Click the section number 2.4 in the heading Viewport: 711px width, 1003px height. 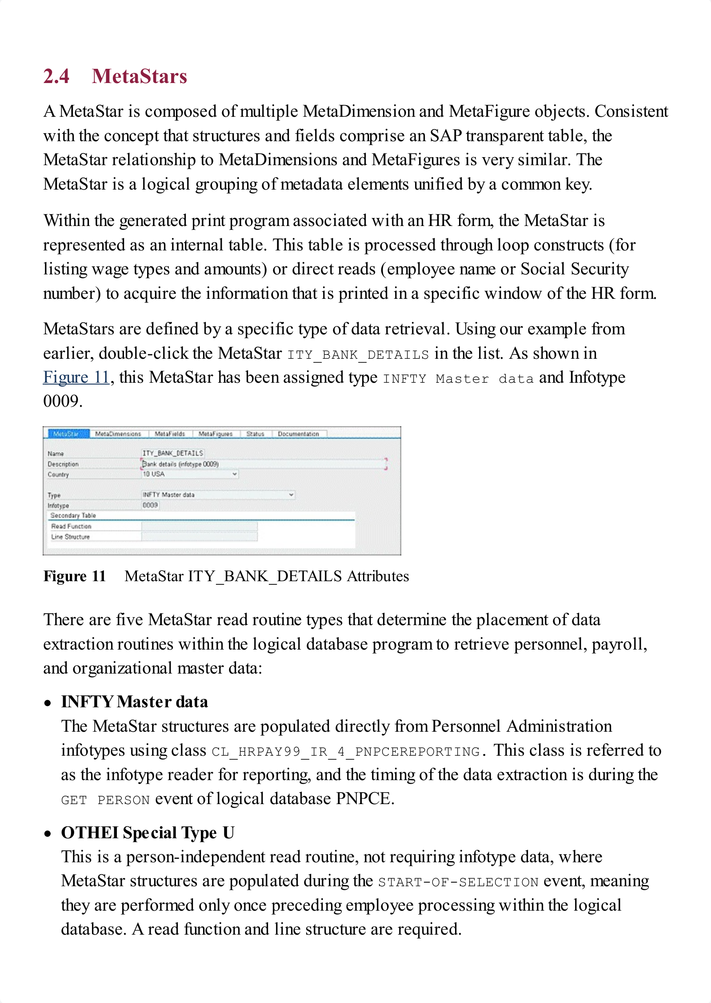[x=56, y=76]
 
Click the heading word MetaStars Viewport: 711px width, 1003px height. [x=140, y=76]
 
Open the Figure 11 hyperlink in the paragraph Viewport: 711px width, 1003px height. [x=76, y=377]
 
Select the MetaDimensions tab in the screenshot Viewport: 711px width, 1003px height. [x=118, y=434]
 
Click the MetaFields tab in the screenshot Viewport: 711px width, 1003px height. [x=170, y=434]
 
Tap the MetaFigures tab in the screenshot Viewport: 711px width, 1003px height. [x=216, y=434]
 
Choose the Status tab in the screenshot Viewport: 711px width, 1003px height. [x=255, y=434]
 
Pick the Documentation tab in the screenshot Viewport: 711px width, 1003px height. [x=298, y=434]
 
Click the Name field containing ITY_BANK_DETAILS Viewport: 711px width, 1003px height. [x=172, y=453]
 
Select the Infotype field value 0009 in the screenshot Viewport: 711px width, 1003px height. [x=150, y=505]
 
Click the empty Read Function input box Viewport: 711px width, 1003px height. [x=199, y=526]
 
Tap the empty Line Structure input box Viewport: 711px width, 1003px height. [x=199, y=537]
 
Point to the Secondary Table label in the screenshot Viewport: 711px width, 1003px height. [x=73, y=515]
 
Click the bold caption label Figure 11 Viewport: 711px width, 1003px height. [x=75, y=576]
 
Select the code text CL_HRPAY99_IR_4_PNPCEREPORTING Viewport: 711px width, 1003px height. [x=346, y=752]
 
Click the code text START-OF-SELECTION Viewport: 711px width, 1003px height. [x=458, y=882]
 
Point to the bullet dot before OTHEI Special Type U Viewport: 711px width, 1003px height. [x=48, y=833]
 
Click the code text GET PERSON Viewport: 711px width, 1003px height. [x=105, y=800]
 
